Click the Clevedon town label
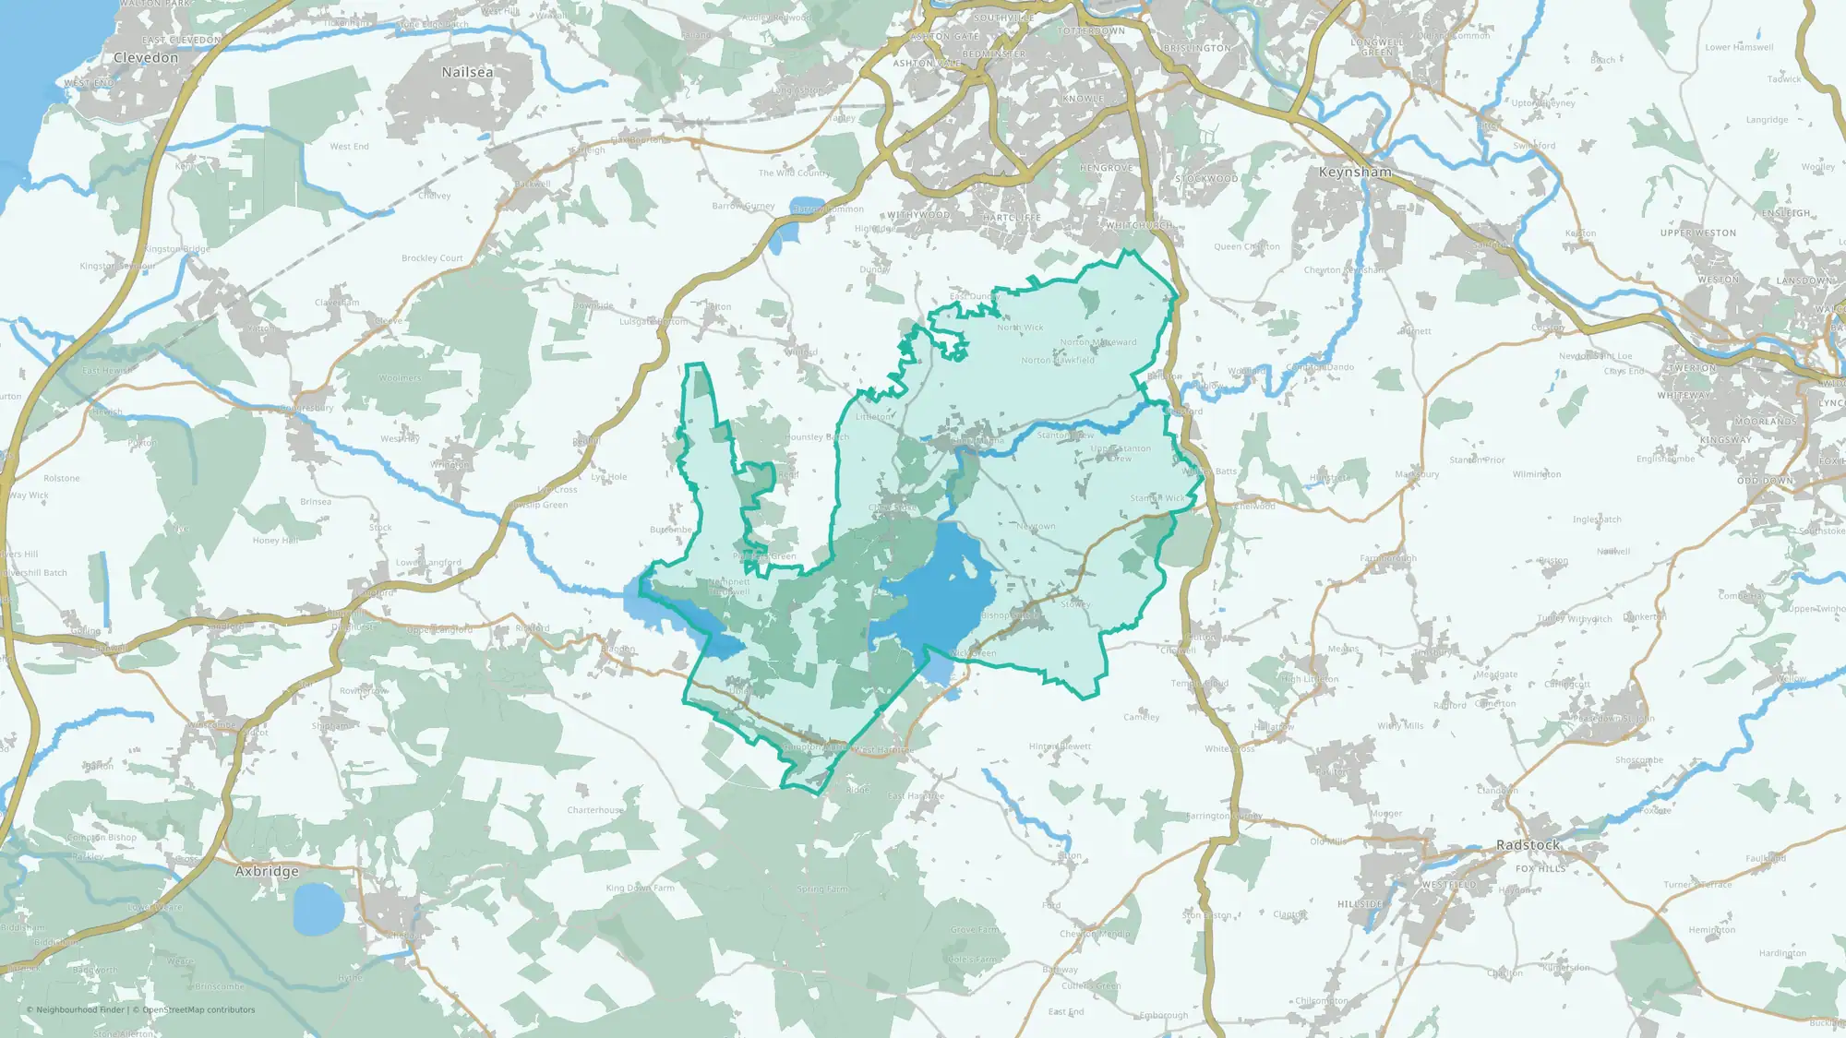[146, 57]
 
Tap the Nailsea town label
[467, 72]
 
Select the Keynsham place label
[1355, 173]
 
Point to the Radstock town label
[1528, 845]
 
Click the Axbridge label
[267, 871]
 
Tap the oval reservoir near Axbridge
[318, 908]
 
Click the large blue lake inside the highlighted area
[941, 591]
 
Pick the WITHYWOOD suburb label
[918, 215]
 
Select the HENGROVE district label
[1106, 169]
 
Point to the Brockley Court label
[432, 258]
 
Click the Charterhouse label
[595, 810]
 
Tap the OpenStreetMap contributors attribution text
[198, 1009]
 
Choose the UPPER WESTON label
[1698, 233]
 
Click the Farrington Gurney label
[1224, 816]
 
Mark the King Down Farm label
[640, 888]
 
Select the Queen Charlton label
[1247, 246]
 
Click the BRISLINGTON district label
[1197, 48]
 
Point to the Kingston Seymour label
[117, 266]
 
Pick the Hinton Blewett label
[1060, 746]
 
